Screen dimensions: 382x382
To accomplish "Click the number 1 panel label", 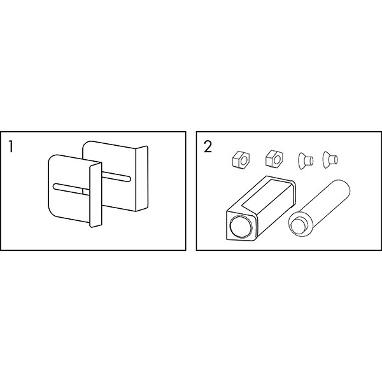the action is [10, 146].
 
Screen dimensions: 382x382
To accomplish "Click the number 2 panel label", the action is [208, 146].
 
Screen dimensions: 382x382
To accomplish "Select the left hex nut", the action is [241, 159].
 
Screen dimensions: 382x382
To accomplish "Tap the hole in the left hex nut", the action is [244, 160].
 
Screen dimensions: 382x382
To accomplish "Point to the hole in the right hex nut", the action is [277, 159].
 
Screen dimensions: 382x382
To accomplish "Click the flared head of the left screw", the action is [301, 161].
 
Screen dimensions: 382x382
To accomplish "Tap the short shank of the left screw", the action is [309, 160].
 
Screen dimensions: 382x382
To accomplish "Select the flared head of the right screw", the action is [326, 160].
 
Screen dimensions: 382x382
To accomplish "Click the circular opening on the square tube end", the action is [241, 227].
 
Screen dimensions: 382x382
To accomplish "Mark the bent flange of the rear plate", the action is [142, 178].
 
